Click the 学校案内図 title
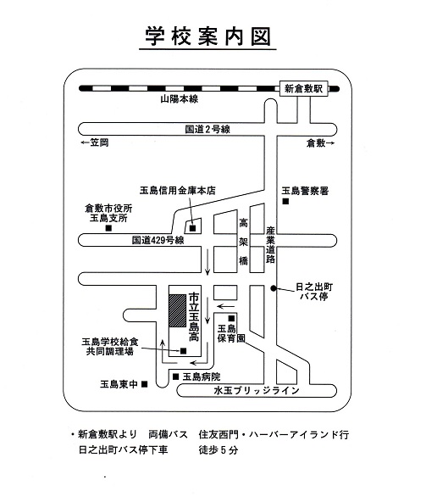(207, 36)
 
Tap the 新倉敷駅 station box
(303, 88)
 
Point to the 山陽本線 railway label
(179, 99)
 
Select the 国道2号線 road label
(207, 129)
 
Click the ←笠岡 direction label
(95, 142)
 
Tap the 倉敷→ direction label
(320, 143)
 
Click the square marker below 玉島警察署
(285, 201)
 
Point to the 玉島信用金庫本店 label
(178, 191)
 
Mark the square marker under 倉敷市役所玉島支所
(108, 228)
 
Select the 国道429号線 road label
(158, 240)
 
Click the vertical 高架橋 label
(244, 242)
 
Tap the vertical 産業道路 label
(270, 245)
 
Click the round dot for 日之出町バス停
(273, 288)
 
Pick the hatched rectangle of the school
(178, 310)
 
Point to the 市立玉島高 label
(194, 316)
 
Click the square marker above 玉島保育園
(231, 319)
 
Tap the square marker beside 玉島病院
(175, 376)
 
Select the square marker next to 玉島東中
(145, 384)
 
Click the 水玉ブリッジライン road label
(257, 391)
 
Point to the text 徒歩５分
(219, 450)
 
